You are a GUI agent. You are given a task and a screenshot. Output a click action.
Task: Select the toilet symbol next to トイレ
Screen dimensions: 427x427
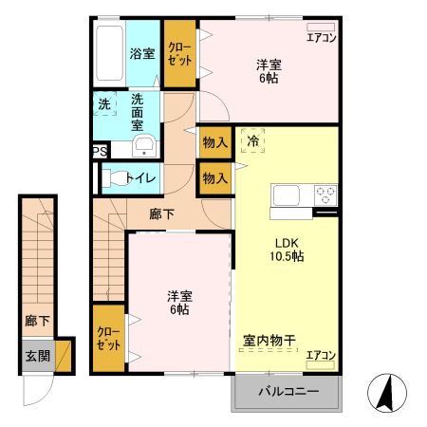click(x=115, y=176)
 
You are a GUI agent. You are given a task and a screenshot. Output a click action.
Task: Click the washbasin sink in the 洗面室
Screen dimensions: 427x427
click(x=143, y=145)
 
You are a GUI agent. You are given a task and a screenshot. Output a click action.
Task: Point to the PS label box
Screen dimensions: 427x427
click(x=99, y=151)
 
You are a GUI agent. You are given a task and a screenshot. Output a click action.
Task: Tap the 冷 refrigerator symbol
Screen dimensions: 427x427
click(x=253, y=141)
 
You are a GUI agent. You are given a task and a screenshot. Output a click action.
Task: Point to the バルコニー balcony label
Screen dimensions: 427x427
click(x=287, y=392)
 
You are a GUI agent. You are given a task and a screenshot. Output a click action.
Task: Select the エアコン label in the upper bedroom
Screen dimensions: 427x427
click(x=321, y=39)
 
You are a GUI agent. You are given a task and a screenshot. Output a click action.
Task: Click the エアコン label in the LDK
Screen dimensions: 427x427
click(x=321, y=356)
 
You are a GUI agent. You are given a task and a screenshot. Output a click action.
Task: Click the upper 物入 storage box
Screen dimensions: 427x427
click(x=215, y=142)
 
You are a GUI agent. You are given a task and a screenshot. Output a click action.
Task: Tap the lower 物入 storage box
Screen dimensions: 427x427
click(x=215, y=177)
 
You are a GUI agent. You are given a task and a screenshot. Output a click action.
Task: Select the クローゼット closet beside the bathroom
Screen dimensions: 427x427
click(x=178, y=52)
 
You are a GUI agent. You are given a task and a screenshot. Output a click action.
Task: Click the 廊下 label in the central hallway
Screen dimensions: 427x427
click(x=162, y=214)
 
